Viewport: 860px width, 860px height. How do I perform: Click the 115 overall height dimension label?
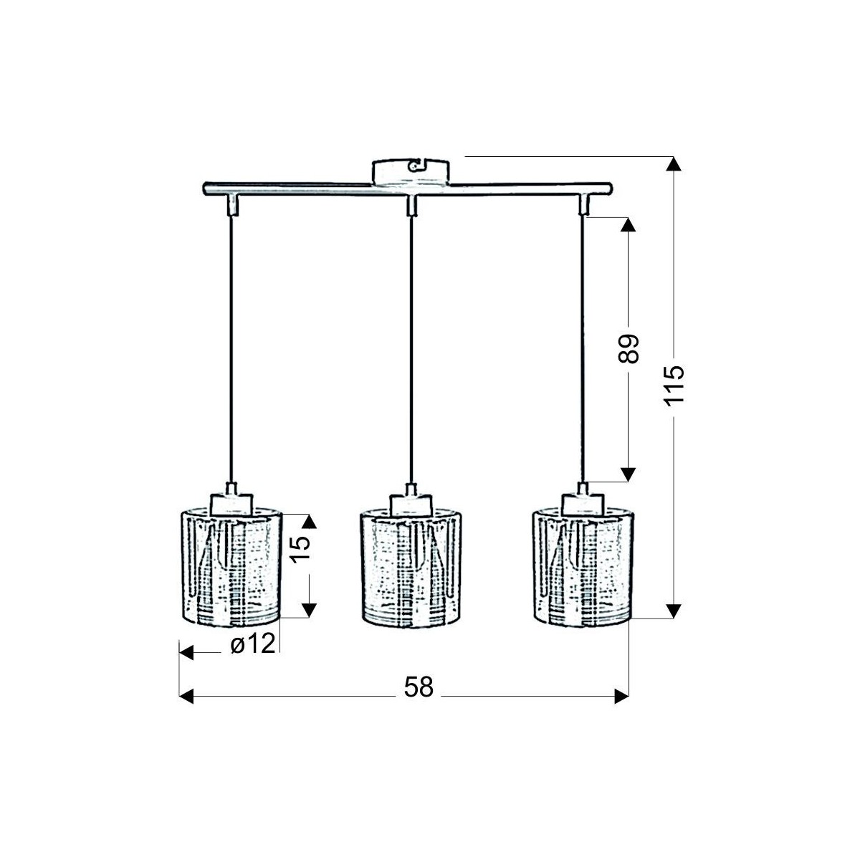click(673, 386)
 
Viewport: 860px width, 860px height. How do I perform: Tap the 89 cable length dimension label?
click(628, 349)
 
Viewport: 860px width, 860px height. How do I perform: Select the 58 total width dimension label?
click(419, 687)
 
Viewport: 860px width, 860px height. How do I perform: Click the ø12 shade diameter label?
click(252, 645)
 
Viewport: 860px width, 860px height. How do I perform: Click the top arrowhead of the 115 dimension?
click(672, 165)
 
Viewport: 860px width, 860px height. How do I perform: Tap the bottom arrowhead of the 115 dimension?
click(672, 610)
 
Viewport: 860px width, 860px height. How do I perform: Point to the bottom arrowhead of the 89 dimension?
click(628, 473)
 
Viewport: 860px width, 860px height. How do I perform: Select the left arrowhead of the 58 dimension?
click(186, 695)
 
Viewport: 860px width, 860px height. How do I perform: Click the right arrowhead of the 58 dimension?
click(621, 695)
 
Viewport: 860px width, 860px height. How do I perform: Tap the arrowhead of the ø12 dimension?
click(186, 652)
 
